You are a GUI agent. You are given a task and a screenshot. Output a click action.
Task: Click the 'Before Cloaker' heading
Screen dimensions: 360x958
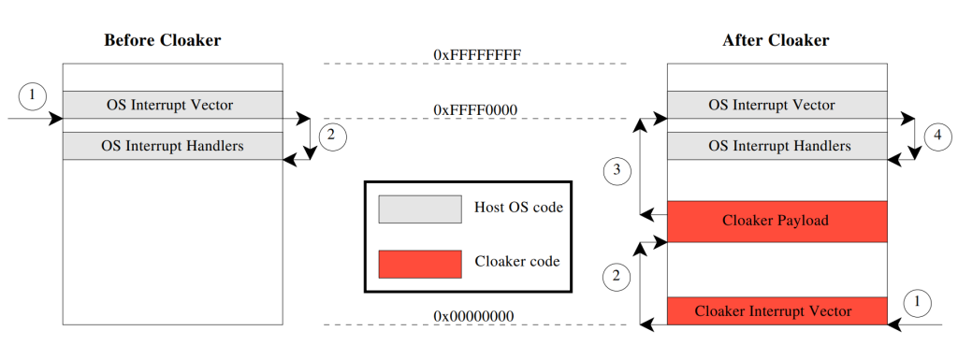pyautogui.click(x=163, y=40)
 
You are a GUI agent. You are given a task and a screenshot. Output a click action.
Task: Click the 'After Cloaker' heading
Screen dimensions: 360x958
pyautogui.click(x=776, y=40)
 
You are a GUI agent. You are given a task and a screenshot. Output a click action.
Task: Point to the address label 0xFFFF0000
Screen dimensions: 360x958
pyautogui.click(x=475, y=110)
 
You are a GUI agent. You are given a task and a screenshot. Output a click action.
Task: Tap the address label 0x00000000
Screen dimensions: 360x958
pyautogui.click(x=473, y=316)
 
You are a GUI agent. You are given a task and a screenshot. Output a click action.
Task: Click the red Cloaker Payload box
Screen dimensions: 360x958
pyautogui.click(x=776, y=222)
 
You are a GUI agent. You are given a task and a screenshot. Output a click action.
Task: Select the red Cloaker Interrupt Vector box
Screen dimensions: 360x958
pyautogui.click(x=776, y=310)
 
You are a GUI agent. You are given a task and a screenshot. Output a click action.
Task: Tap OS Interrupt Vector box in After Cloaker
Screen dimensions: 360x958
pyautogui.click(x=776, y=105)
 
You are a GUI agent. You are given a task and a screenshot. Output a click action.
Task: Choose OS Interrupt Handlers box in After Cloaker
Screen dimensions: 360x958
pyautogui.click(x=776, y=146)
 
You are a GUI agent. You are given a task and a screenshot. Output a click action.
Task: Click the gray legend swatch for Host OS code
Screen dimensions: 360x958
pyautogui.click(x=420, y=209)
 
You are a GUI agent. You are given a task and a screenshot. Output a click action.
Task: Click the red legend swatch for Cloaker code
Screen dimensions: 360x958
pyautogui.click(x=420, y=263)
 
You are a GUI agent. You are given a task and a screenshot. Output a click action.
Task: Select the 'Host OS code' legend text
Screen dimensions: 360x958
pyautogui.click(x=519, y=208)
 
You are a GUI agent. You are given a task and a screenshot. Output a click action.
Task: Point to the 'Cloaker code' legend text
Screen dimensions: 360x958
pyautogui.click(x=517, y=262)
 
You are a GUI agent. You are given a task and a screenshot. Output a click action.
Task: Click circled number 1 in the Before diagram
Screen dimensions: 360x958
pyautogui.click(x=33, y=94)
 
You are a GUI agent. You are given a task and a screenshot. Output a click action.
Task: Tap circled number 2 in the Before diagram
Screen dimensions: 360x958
pyautogui.click(x=330, y=137)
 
